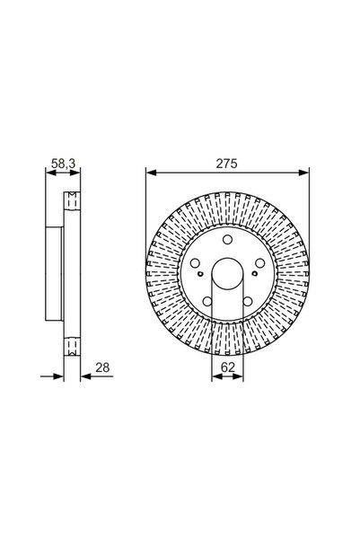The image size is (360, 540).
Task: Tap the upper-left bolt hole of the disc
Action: pyautogui.click(x=195, y=261)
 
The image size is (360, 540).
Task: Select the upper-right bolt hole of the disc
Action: pyautogui.click(x=260, y=261)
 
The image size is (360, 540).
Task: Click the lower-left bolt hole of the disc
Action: pyautogui.click(x=207, y=302)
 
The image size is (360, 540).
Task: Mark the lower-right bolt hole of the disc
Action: pyautogui.click(x=249, y=302)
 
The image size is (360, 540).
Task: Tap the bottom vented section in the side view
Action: pyautogui.click(x=71, y=346)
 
